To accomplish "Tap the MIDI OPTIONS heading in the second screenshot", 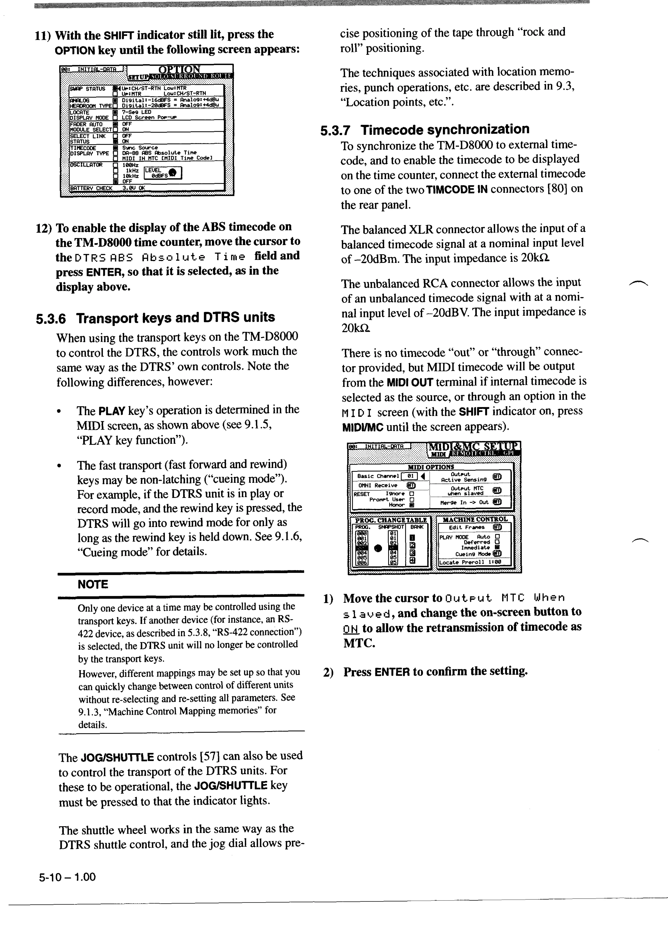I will click(x=431, y=467).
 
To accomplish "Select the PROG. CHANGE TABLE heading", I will click(x=391, y=520).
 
